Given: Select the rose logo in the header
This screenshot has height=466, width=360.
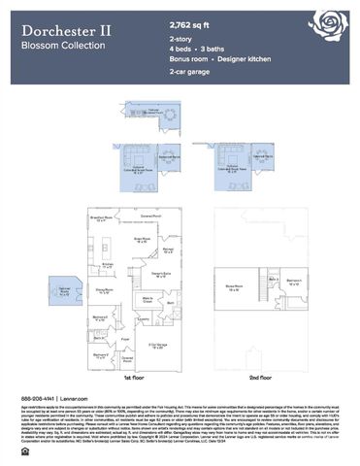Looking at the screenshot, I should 324,26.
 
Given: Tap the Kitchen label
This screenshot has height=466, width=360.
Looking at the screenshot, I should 110,264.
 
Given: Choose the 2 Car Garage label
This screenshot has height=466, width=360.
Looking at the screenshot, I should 157,346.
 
